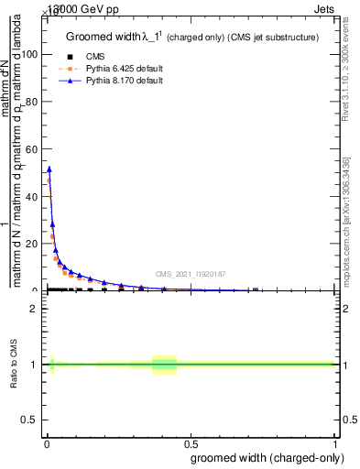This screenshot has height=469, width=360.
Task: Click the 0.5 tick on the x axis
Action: [x=191, y=442]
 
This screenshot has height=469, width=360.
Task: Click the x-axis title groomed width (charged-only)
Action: [x=267, y=457]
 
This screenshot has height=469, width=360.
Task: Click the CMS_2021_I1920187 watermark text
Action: [x=190, y=274]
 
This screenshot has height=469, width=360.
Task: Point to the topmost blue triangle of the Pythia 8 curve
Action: [x=49, y=169]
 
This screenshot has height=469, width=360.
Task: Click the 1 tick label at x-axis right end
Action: [x=335, y=442]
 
